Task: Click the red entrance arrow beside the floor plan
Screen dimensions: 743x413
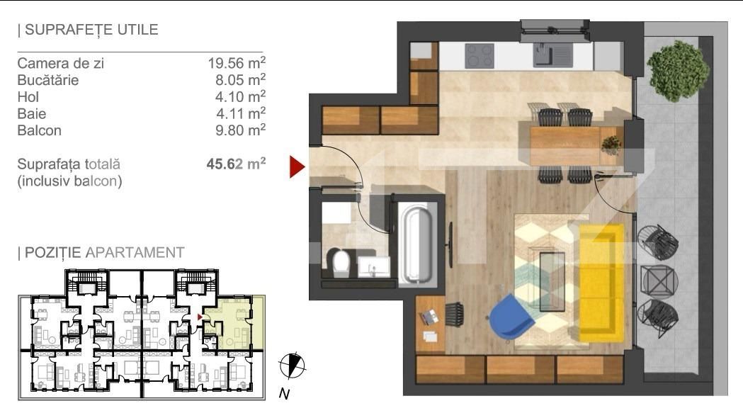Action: (x=297, y=167)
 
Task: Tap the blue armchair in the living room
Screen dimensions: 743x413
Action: (x=511, y=317)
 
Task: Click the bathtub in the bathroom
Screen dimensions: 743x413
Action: (x=416, y=244)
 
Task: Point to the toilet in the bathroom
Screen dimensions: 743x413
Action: (x=339, y=261)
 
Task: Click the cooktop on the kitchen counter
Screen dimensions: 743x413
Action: (x=480, y=56)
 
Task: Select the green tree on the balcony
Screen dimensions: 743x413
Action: (x=678, y=71)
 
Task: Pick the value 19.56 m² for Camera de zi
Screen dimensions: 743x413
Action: (x=237, y=62)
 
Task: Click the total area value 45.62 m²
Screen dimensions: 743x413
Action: (x=236, y=164)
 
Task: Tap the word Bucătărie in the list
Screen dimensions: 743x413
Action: (x=48, y=79)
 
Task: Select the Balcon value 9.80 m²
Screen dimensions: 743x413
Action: (x=240, y=130)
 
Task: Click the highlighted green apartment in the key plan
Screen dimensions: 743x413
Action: (x=234, y=322)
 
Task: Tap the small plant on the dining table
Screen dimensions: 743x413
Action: (x=611, y=145)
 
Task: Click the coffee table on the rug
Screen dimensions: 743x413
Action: (x=552, y=281)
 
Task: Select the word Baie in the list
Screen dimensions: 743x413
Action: (x=32, y=113)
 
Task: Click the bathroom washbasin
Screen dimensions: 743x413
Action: (x=373, y=266)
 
